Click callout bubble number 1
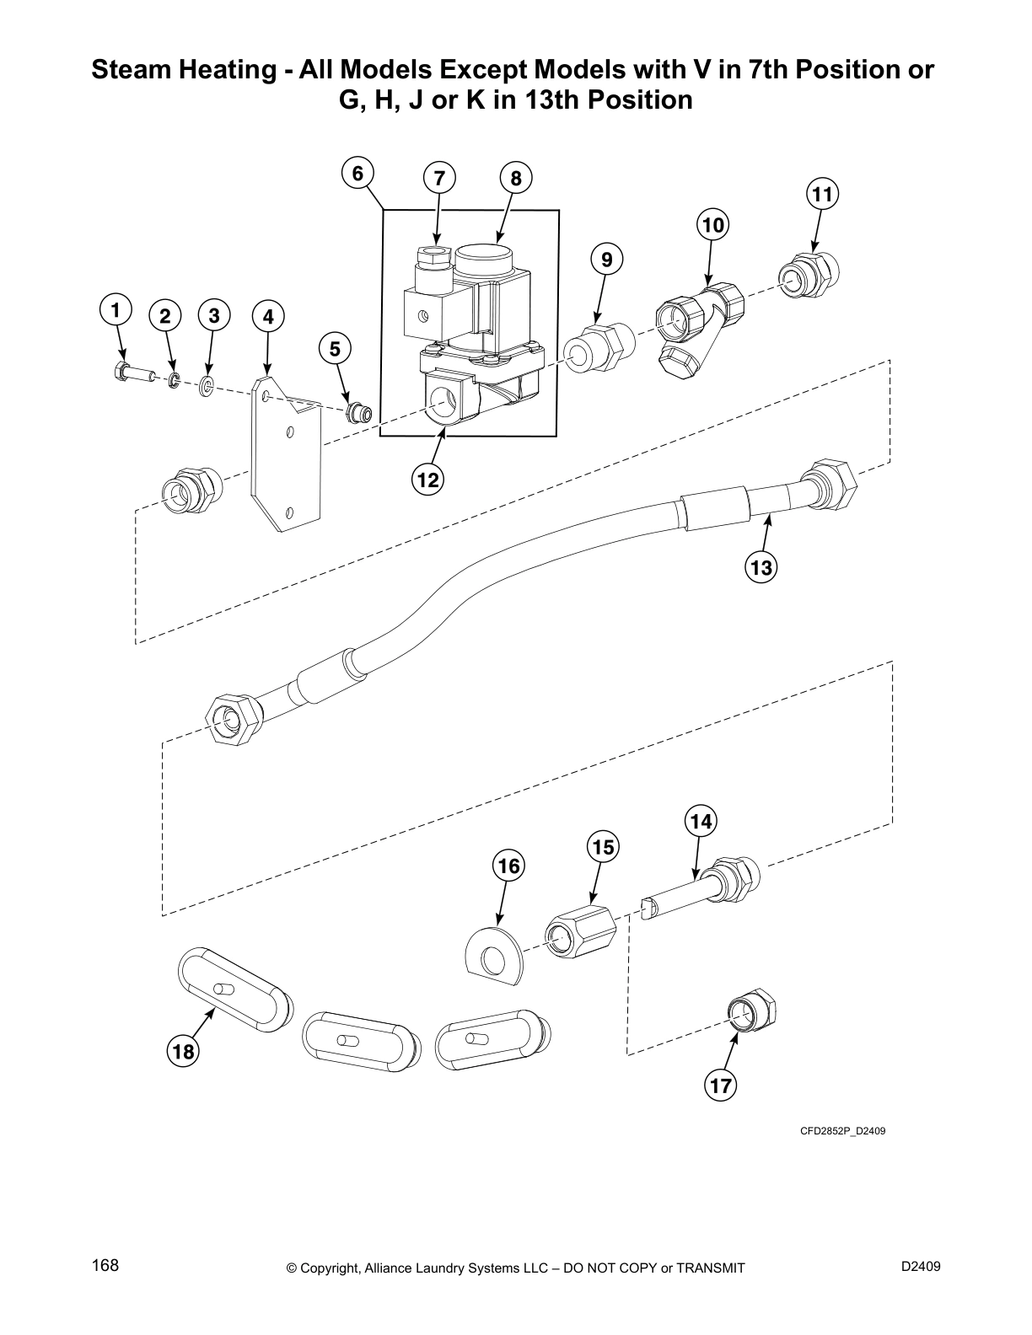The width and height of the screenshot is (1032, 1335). (116, 309)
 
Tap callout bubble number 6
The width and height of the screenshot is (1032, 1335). (357, 174)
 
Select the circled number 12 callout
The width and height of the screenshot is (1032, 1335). (427, 480)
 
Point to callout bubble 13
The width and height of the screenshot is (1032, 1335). (761, 567)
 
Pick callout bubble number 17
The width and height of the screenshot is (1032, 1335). (721, 1086)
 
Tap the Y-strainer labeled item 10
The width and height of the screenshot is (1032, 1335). (696, 324)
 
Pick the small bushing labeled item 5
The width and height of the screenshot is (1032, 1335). (361, 413)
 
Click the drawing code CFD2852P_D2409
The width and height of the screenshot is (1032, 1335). (842, 1131)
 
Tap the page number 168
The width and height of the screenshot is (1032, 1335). (106, 1265)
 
